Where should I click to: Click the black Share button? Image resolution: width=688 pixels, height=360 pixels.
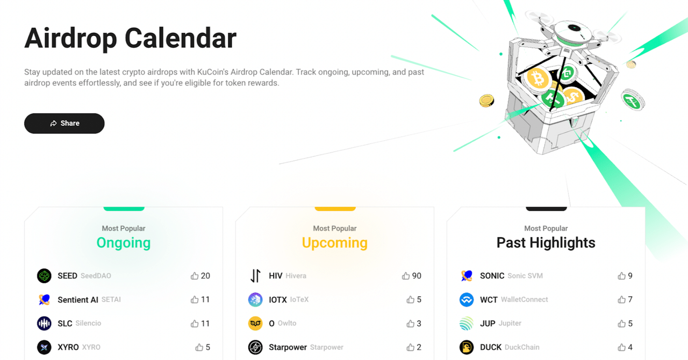[64, 123]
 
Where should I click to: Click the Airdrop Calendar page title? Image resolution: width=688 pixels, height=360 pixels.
[130, 38]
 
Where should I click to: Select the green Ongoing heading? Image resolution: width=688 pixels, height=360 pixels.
[123, 243]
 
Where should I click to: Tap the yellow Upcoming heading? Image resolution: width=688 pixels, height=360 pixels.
[334, 243]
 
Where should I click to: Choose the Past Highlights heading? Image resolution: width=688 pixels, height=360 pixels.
[546, 243]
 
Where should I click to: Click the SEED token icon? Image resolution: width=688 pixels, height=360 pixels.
[44, 276]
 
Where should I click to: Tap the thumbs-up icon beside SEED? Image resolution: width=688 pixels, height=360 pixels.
[195, 276]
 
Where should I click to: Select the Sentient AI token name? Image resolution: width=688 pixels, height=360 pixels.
[78, 300]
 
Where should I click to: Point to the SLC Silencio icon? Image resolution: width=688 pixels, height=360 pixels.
[44, 323]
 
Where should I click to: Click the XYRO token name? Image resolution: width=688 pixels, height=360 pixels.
[68, 347]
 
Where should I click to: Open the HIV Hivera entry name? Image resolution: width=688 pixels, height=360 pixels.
[276, 276]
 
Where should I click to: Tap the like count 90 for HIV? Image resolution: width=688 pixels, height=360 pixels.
[417, 276]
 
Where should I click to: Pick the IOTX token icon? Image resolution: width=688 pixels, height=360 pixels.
[255, 300]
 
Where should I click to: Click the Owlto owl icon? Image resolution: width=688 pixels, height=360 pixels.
[255, 323]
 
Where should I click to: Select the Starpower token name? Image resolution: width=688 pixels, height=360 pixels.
[288, 347]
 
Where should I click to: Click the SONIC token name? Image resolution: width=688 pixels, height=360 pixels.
[492, 276]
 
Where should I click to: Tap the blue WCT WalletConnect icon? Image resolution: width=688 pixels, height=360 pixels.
[466, 300]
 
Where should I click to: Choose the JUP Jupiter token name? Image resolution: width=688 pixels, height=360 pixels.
[488, 323]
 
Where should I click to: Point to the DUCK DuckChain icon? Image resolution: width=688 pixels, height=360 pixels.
[466, 347]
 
